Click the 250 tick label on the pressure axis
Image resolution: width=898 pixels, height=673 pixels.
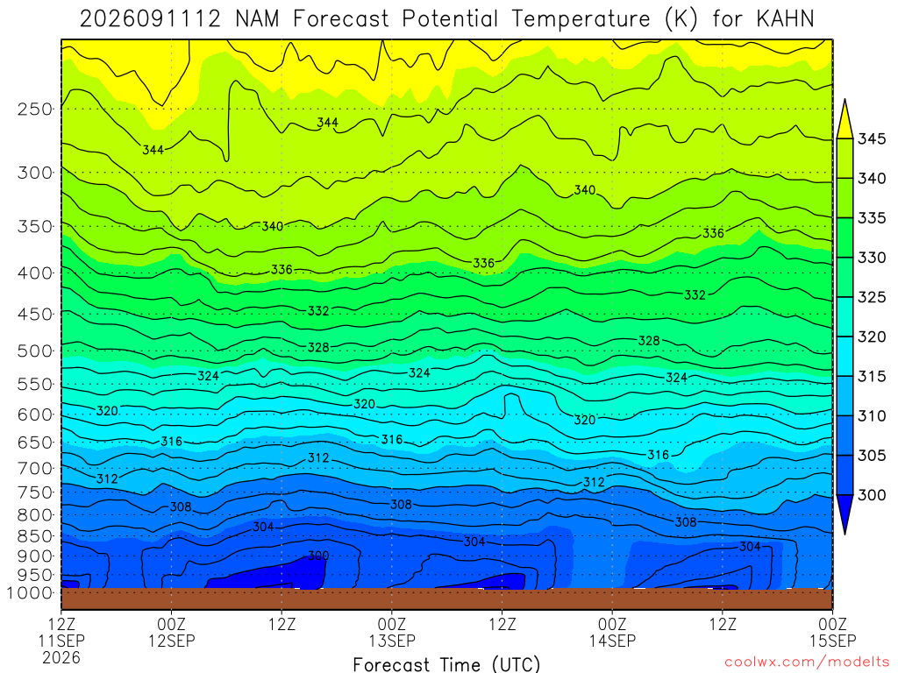tap(35, 109)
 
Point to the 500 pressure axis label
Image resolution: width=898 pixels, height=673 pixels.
tap(35, 351)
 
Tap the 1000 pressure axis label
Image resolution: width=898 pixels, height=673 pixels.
tap(30, 593)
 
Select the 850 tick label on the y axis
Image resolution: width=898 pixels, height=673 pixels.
tap(35, 536)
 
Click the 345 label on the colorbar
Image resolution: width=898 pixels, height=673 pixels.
tap(871, 139)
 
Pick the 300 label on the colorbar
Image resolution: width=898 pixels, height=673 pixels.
tap(871, 495)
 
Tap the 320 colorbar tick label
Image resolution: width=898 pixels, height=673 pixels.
tap(871, 336)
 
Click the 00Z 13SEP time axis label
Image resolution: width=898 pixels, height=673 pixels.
tap(392, 632)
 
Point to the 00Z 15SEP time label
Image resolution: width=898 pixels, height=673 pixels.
tap(833, 632)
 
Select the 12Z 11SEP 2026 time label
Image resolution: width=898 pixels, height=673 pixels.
tap(61, 641)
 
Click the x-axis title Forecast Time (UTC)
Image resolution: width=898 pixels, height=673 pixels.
tap(446, 664)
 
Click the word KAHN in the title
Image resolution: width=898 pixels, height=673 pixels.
tap(785, 19)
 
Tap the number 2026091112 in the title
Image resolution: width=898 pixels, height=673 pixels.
tap(150, 19)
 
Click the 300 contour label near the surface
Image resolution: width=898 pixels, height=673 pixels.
tap(318, 556)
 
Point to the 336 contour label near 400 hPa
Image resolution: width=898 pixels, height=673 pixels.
tap(282, 269)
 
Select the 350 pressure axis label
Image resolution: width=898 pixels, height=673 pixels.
tap(35, 227)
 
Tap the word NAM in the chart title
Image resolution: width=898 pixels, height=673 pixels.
tap(257, 19)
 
